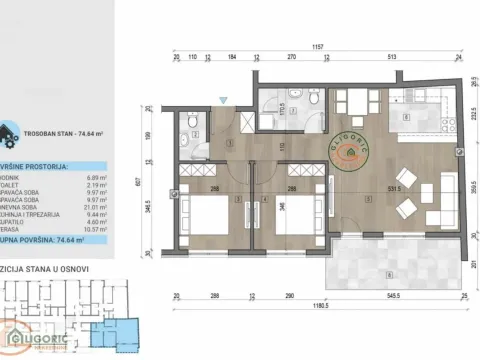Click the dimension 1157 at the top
click(317, 46)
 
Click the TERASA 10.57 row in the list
click(40, 229)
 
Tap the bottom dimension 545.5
click(394, 297)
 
